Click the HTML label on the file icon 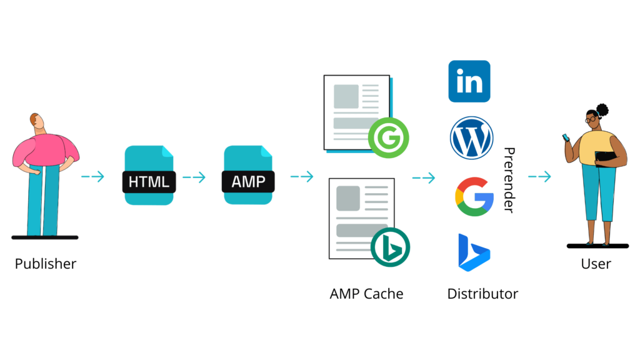tap(149, 182)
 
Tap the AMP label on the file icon tap(248, 182)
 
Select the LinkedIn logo tap(469, 81)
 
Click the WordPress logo tap(472, 139)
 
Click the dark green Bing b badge tap(389, 246)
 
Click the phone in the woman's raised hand tap(567, 137)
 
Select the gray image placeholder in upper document tap(346, 97)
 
